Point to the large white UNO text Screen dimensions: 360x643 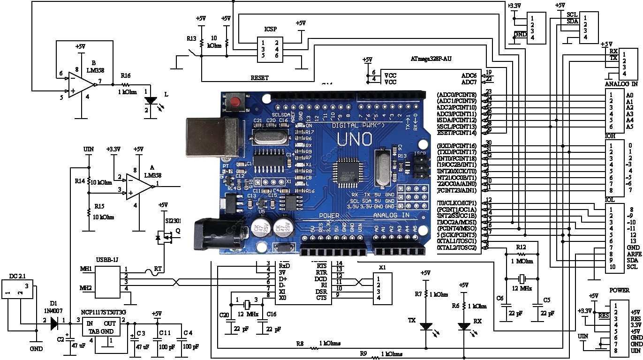[355, 139]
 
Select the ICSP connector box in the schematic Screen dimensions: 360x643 [270, 49]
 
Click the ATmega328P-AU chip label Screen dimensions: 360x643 [431, 59]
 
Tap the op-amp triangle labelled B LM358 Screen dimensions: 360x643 [81, 85]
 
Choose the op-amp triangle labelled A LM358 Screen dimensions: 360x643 [139, 186]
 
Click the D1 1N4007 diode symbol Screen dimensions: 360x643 [55, 323]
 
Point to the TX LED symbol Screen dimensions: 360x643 [426, 326]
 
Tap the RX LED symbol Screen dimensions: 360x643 [464, 326]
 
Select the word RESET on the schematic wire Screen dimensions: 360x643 [259, 78]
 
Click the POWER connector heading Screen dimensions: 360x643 [619, 290]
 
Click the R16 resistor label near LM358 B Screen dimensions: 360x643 [126, 75]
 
